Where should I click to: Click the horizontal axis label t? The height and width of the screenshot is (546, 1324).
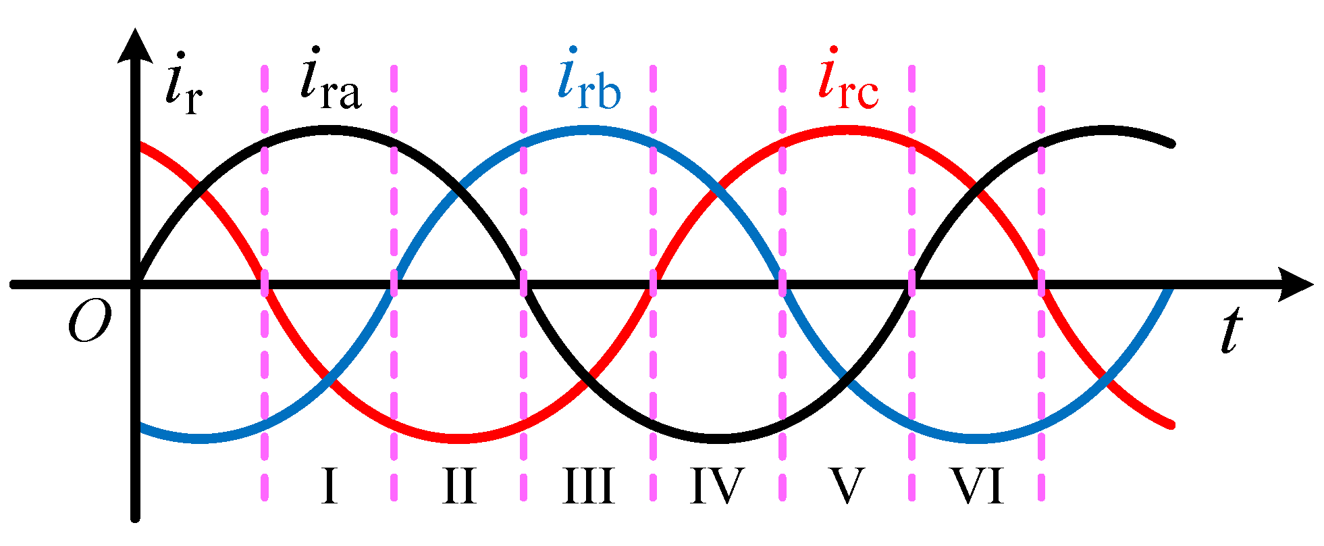click(x=1233, y=331)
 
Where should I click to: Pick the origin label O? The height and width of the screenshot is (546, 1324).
click(x=89, y=323)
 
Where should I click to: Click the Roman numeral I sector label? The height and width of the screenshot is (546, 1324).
click(x=329, y=486)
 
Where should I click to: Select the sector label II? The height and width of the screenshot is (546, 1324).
click(x=459, y=486)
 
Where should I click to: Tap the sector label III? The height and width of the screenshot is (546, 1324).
click(x=589, y=486)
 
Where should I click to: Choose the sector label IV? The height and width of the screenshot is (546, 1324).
click(x=717, y=486)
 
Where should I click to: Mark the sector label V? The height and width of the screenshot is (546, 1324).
click(x=847, y=486)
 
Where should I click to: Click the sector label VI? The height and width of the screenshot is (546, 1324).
click(x=978, y=486)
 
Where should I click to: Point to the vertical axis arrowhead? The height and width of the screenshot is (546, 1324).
click(x=135, y=44)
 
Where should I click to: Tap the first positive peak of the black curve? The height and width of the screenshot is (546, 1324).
click(x=329, y=129)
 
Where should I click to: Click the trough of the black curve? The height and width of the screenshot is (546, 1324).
click(x=718, y=440)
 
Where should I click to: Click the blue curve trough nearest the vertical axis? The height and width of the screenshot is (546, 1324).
click(x=201, y=440)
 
